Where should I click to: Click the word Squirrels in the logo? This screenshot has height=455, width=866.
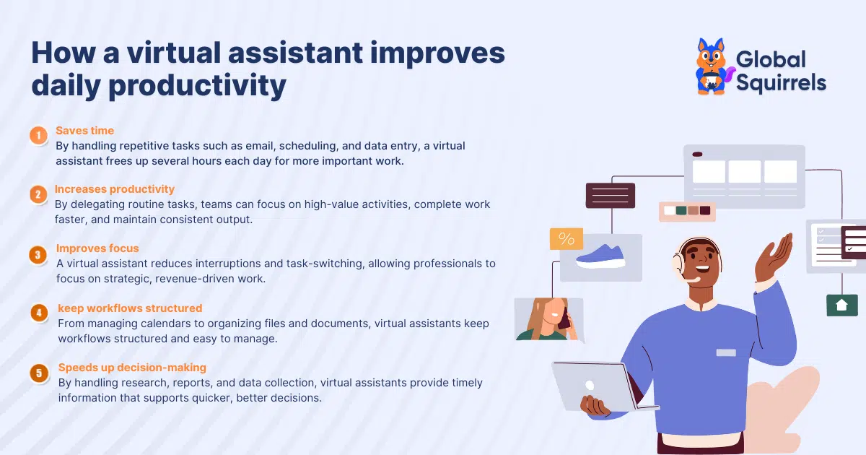[x=781, y=82]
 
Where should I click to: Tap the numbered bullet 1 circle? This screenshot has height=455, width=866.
[x=38, y=136]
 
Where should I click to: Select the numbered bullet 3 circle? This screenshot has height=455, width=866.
[x=38, y=254]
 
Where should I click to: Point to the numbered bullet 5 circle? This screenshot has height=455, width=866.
[x=38, y=373]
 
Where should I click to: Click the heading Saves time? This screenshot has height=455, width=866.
[x=84, y=131]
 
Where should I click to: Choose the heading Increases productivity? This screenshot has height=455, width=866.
[x=115, y=189]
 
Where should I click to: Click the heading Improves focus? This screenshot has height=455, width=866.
[x=97, y=248]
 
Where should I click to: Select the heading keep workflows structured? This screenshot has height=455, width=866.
[x=130, y=308]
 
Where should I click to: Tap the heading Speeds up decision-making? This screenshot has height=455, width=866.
[x=132, y=368]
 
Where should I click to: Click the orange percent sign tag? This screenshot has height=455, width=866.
[x=566, y=239]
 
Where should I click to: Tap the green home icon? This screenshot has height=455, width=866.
[x=841, y=305]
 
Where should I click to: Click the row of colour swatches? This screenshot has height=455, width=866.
[x=686, y=211]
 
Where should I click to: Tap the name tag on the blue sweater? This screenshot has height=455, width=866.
[x=725, y=352]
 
